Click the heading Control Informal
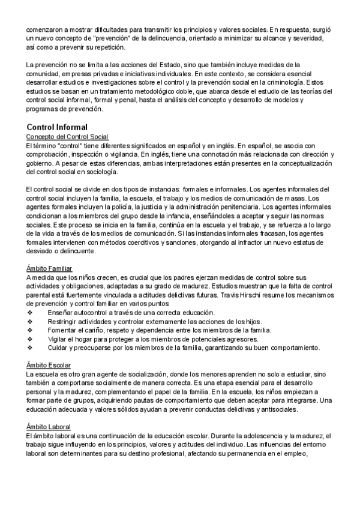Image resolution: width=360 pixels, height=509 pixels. pos(57,127)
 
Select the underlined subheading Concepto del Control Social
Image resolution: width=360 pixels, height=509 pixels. pos(67,137)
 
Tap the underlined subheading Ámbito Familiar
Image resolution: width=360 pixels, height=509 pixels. pos(50,268)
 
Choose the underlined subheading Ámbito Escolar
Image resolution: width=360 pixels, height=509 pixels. pos(49,364)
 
